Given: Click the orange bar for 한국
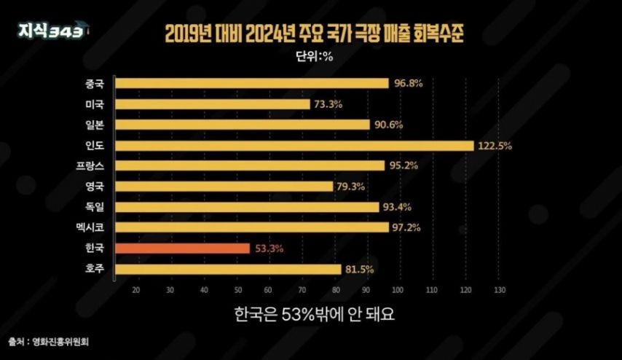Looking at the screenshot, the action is (183, 249).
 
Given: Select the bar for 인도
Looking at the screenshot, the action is (295, 146).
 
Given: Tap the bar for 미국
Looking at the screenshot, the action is (213, 104).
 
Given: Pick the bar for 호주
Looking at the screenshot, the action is (228, 270).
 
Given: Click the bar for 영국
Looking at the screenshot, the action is (224, 187).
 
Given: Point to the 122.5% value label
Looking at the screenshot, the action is (495, 146).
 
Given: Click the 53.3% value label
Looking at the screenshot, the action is (269, 249).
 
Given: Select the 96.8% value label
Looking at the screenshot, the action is (408, 84).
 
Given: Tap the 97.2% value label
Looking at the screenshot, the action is (406, 228).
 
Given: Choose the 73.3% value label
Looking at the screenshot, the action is (328, 105).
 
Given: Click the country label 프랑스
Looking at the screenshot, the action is (90, 166).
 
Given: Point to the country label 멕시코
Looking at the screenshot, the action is (90, 227).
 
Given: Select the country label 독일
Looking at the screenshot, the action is (95, 207).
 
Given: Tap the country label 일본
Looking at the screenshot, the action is (95, 125).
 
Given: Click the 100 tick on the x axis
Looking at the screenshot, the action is (398, 290).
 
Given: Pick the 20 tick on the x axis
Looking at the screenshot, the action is (136, 290).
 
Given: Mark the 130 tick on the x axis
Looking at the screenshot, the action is (500, 290).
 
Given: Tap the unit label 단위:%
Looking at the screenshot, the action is (314, 56).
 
